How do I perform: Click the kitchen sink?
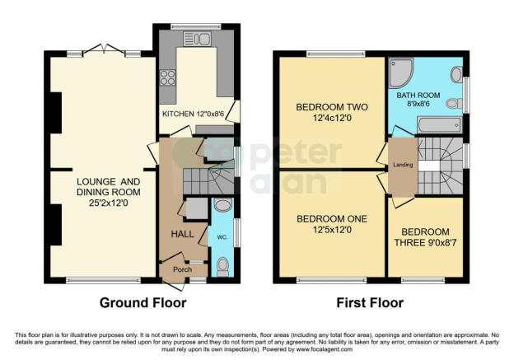pos(202,39)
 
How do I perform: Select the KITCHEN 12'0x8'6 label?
pos(193,113)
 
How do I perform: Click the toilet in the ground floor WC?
pos(223,265)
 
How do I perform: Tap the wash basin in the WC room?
pos(223,206)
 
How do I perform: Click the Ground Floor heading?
pos(143,303)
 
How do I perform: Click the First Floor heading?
pos(370,303)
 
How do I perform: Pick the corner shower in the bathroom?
pos(401,72)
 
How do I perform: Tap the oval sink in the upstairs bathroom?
pos(456,73)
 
